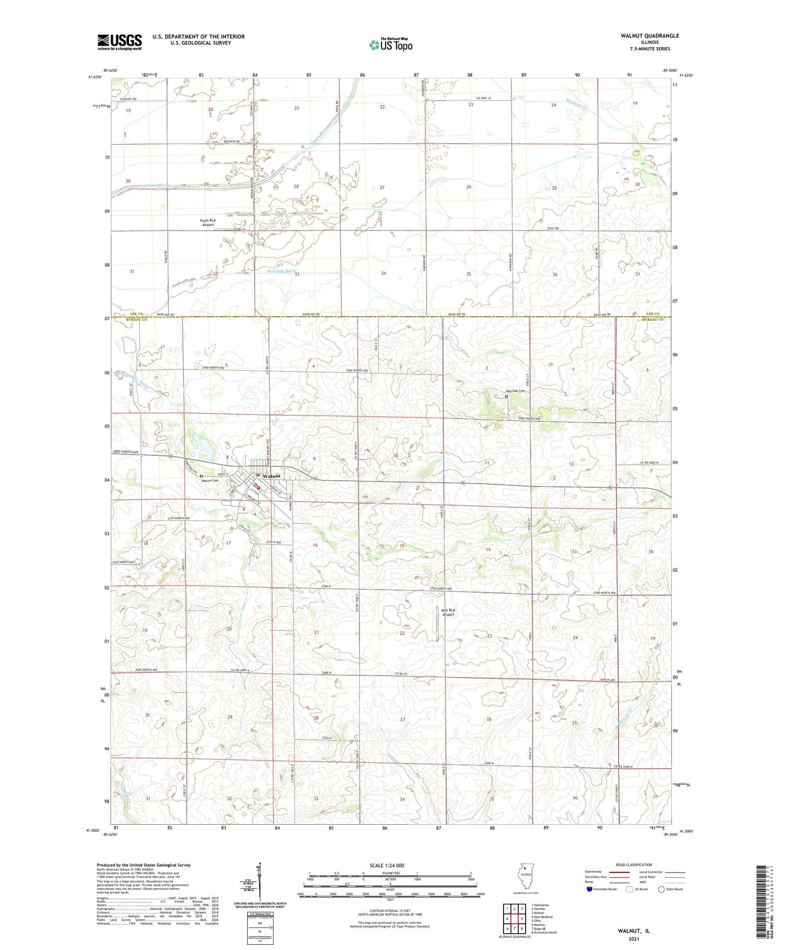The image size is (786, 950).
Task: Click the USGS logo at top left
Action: coord(119,42)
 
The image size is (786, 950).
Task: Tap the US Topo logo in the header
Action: coord(390,45)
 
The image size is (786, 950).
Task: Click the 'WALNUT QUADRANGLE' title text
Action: coord(649,36)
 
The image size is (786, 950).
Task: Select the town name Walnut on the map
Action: coord(271,476)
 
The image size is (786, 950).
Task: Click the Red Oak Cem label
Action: coord(515,391)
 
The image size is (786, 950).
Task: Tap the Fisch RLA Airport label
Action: coord(208,222)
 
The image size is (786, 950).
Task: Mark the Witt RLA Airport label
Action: coord(448,612)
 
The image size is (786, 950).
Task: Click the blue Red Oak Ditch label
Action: coord(281,271)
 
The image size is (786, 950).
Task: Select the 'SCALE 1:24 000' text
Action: coord(387,865)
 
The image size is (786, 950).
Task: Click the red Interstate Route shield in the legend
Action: coord(589,889)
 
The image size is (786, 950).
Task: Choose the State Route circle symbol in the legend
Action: coord(662,889)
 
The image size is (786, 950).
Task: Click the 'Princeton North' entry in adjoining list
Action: coord(545,932)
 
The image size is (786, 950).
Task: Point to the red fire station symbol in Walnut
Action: coord(258,486)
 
